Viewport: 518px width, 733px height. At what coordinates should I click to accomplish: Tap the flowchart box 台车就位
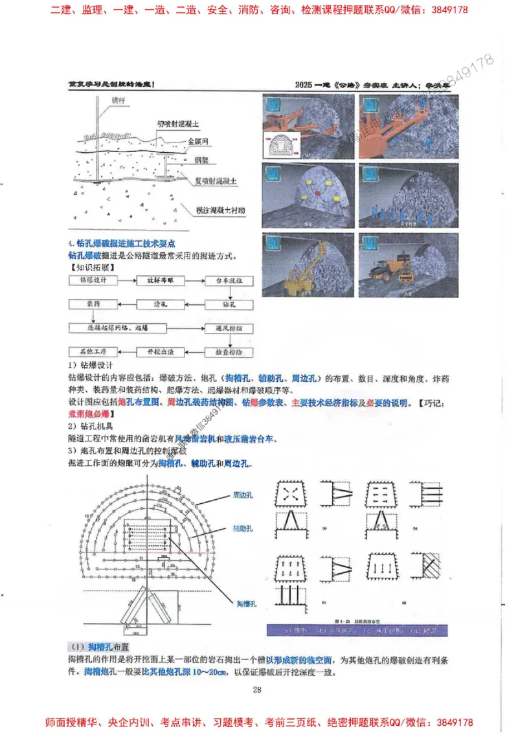pyautogui.click(x=232, y=280)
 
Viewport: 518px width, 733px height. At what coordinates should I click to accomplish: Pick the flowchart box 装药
pyautogui.click(x=93, y=303)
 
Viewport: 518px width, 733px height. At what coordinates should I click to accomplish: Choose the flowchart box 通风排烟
pyautogui.click(x=232, y=328)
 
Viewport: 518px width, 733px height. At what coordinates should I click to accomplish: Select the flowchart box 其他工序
pyautogui.click(x=93, y=352)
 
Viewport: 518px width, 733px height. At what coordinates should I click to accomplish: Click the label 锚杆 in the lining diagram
pyautogui.click(x=118, y=101)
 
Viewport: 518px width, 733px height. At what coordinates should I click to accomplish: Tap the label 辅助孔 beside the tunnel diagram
pyautogui.click(x=242, y=528)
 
